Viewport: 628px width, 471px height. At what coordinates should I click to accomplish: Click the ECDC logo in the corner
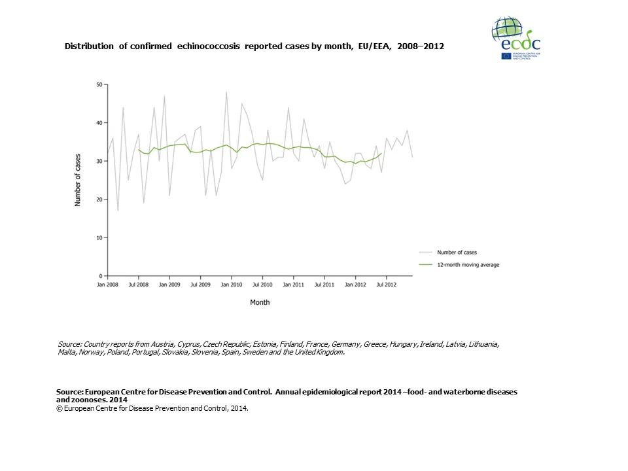(515, 38)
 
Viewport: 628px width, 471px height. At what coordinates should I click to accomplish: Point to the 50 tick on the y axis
(99, 84)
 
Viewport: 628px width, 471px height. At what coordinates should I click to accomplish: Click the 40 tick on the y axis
(99, 123)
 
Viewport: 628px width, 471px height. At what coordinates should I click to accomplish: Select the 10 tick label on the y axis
(99, 237)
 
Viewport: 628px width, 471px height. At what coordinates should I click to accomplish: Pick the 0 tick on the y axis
(101, 276)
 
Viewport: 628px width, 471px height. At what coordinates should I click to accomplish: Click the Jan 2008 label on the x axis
(108, 285)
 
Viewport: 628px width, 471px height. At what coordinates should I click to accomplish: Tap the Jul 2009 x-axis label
(200, 285)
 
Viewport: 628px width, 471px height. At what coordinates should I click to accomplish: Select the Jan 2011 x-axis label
(293, 285)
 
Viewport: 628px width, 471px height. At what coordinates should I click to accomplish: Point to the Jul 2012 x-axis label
(386, 285)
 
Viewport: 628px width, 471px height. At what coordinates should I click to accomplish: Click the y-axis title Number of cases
(77, 181)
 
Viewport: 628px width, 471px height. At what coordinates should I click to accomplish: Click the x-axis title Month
(260, 302)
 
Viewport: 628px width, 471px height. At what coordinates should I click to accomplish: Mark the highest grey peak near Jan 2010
(226, 92)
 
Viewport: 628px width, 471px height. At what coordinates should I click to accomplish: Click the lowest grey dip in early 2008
(118, 211)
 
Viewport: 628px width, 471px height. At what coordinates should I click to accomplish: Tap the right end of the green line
(381, 153)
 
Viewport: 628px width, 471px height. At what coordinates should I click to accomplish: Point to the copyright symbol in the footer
(60, 408)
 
